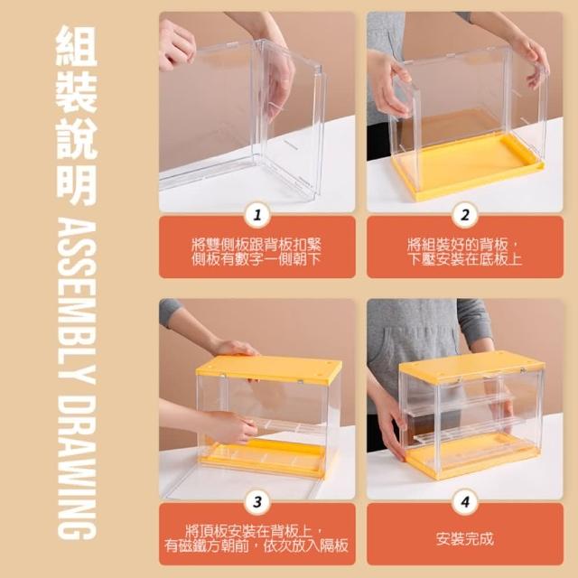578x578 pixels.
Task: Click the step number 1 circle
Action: tap(257, 215)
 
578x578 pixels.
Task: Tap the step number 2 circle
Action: tap(465, 215)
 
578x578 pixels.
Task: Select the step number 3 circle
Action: tap(257, 502)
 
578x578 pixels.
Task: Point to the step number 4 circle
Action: tap(465, 502)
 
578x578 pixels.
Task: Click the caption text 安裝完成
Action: tap(465, 538)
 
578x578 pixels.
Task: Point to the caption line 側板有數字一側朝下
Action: tap(256, 259)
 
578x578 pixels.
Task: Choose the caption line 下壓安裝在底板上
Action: tap(465, 259)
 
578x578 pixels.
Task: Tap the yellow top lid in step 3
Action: tap(269, 368)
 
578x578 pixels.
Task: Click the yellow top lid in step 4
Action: tap(471, 366)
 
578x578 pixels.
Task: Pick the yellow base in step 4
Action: tap(471, 457)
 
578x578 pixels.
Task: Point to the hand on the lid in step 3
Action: tap(235, 348)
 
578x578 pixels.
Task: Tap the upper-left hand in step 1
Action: tap(176, 44)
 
